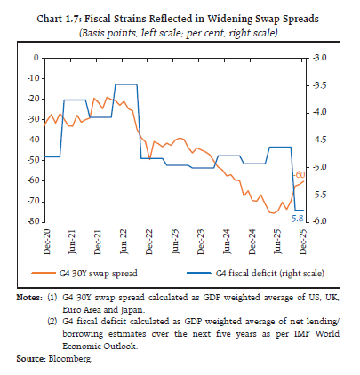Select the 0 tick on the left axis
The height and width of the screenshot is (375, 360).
(x=37, y=58)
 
